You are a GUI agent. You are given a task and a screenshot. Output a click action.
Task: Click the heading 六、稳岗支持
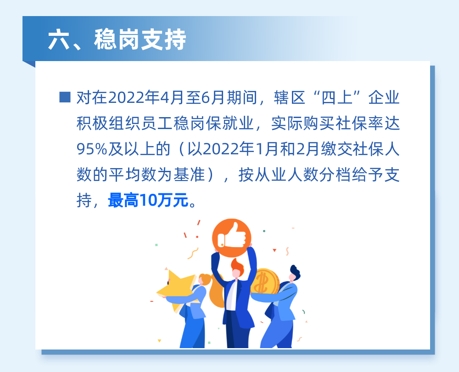[x=117, y=40]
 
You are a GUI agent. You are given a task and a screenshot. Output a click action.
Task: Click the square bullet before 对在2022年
[x=65, y=97]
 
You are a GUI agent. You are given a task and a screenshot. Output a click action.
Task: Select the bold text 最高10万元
[x=148, y=201]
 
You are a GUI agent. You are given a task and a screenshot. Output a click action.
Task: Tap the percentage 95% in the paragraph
[x=91, y=149]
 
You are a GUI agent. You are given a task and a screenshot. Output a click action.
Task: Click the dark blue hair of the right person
[x=294, y=272]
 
